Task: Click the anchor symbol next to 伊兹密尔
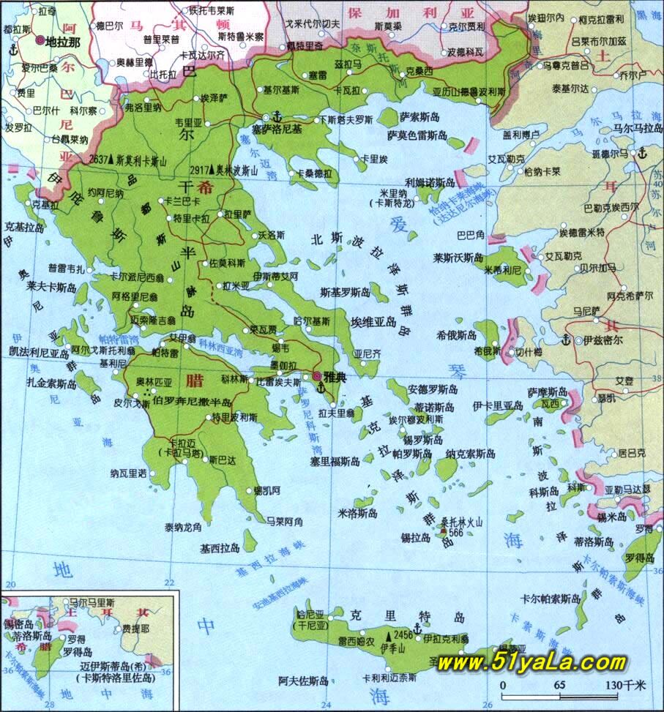pyautogui.click(x=565, y=340)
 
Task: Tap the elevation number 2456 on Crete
pyautogui.click(x=403, y=634)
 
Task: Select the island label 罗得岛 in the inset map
pyautogui.click(x=77, y=651)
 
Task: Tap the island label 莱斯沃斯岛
pyautogui.click(x=458, y=258)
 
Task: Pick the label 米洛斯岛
pyautogui.click(x=357, y=513)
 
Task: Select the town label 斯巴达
pyautogui.click(x=222, y=460)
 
